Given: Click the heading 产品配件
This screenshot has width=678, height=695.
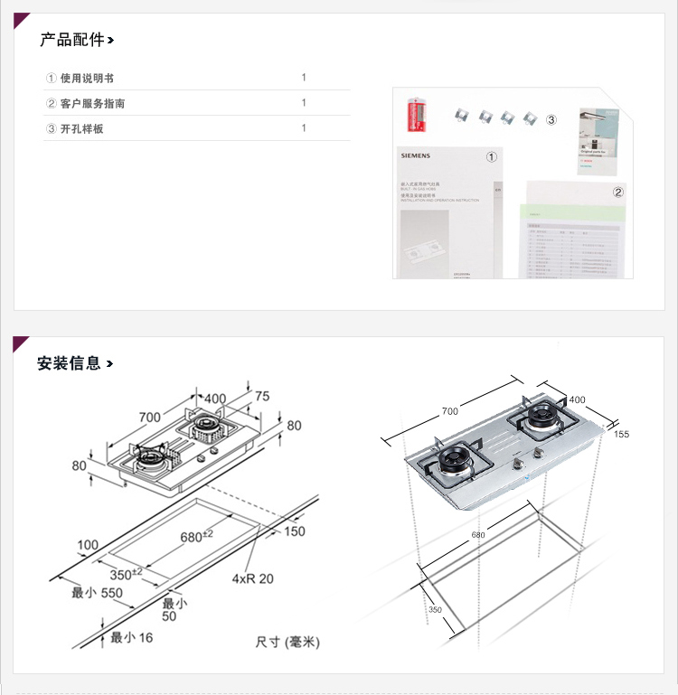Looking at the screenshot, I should click(x=72, y=40).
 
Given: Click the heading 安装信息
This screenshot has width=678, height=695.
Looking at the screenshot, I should click(x=70, y=363).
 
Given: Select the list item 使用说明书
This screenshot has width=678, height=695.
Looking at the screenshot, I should click(x=87, y=79).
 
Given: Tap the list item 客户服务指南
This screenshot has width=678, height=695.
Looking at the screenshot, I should click(x=92, y=104).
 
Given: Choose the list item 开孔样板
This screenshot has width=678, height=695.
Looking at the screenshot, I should click(x=81, y=129).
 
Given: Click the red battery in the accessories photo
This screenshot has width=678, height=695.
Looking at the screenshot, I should click(x=418, y=117).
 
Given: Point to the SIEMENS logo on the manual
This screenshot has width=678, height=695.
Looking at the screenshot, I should click(x=416, y=155).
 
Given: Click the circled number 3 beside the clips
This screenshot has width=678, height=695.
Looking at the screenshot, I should click(x=551, y=119).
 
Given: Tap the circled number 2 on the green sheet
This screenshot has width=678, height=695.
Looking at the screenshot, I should click(x=618, y=193).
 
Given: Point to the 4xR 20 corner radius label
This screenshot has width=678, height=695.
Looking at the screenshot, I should click(x=252, y=578).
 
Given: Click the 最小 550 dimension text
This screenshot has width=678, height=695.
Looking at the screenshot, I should click(x=97, y=593).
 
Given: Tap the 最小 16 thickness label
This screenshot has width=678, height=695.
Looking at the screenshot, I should click(x=131, y=638).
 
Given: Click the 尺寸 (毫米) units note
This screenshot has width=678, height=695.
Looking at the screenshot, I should click(x=287, y=642).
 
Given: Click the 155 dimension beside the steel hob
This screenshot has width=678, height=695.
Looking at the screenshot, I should click(x=621, y=434).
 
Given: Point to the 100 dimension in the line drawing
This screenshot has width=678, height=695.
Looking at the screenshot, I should click(x=88, y=545).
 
